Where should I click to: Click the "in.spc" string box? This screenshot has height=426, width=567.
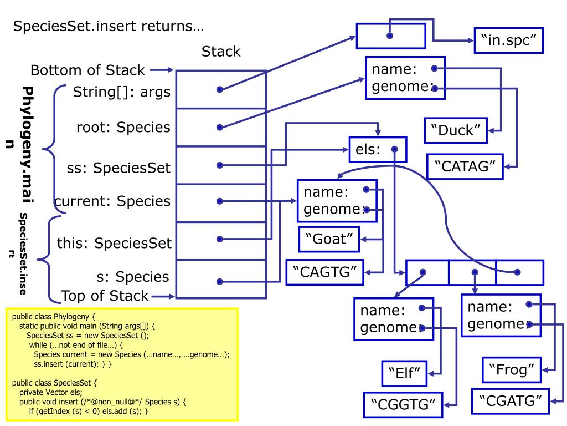pyautogui.click(x=508, y=40)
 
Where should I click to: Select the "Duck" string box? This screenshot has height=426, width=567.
pyautogui.click(x=456, y=130)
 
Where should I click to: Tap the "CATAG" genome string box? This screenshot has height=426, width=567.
pyautogui.click(x=465, y=166)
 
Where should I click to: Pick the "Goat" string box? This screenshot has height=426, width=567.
pyautogui.click(x=329, y=239)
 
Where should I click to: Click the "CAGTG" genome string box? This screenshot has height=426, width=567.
pyautogui.click(x=324, y=272)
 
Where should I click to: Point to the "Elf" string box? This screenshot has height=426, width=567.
pyautogui.click(x=404, y=373)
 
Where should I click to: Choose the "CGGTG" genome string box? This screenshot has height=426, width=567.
pyautogui.click(x=403, y=404)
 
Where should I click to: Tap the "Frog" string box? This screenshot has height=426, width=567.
pyautogui.click(x=512, y=370)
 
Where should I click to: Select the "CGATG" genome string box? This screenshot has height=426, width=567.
pyautogui.click(x=510, y=401)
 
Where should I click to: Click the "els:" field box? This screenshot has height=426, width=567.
pyautogui.click(x=378, y=149)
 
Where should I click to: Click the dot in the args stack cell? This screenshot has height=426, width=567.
pyautogui.click(x=219, y=89)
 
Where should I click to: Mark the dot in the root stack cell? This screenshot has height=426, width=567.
pyautogui.click(x=219, y=127)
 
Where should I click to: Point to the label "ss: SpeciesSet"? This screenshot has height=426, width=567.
pyautogui.click(x=118, y=168)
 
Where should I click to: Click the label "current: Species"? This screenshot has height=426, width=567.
pyautogui.click(x=112, y=201)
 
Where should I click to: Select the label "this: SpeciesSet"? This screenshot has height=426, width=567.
pyautogui.click(x=114, y=243)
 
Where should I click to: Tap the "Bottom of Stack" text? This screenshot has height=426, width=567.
pyautogui.click(x=87, y=70)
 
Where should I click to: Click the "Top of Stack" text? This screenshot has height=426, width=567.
pyautogui.click(x=105, y=296)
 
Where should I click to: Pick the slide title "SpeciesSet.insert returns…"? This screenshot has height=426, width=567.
pyautogui.click(x=109, y=26)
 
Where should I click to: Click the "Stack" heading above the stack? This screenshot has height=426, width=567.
pyautogui.click(x=221, y=52)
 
